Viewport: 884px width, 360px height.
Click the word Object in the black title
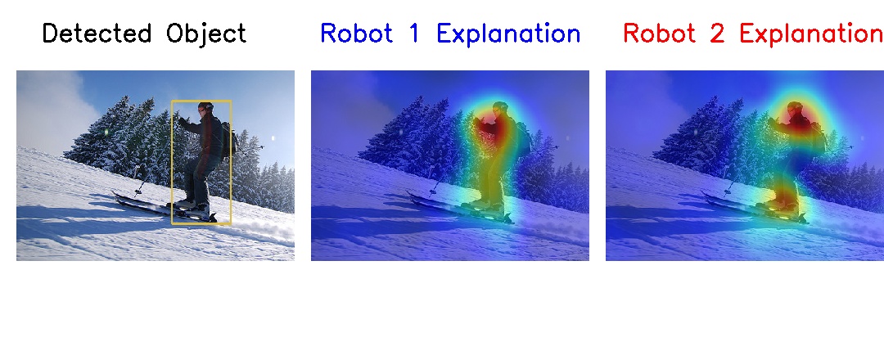pos(205,34)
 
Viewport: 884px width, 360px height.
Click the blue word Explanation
pos(508,34)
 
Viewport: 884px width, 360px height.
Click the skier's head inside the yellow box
pos(205,108)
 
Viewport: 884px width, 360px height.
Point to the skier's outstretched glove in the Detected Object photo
pos(183,119)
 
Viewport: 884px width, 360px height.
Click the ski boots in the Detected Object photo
pos(194,205)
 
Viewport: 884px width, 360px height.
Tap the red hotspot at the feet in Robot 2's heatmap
pos(786,196)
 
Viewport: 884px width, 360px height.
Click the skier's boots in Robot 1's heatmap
pos(489,205)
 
